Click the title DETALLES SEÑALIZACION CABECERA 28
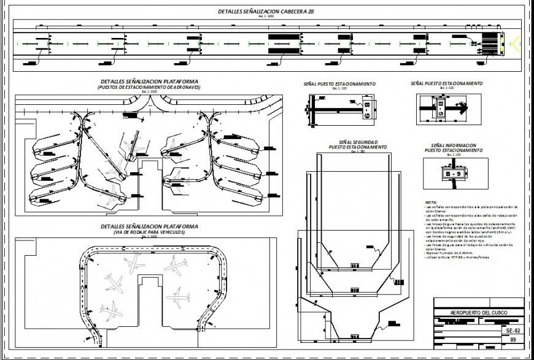pos(266,11)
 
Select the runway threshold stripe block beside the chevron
pos(490,43)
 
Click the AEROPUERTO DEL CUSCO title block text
pos(479,312)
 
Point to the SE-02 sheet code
pos(513,330)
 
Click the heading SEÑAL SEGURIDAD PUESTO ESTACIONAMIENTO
pos(357,145)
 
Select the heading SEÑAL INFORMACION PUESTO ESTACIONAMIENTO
pos(454,148)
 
